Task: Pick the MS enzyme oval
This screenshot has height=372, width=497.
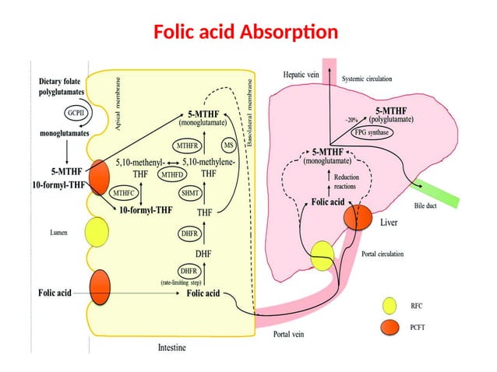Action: [228, 145]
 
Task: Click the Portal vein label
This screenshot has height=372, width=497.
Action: [288, 335]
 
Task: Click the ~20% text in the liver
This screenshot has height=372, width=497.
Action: [352, 120]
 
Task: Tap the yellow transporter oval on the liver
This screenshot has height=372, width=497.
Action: [323, 252]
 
